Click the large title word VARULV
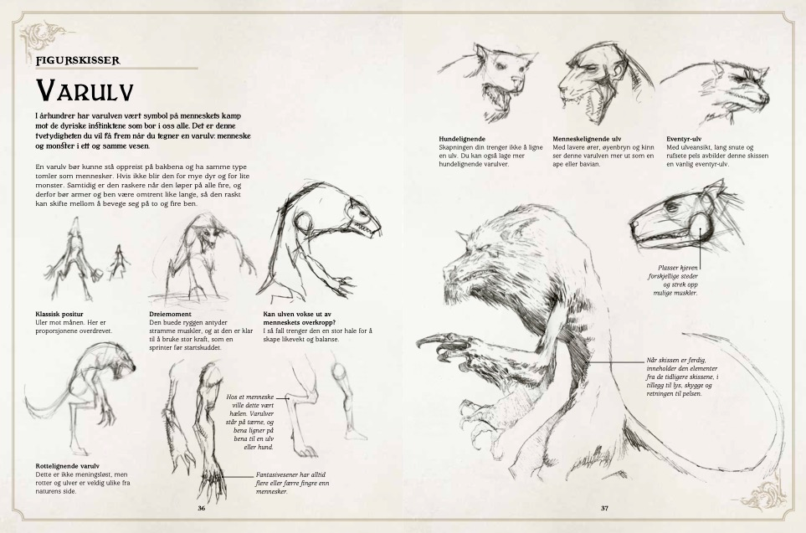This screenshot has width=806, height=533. click(85, 91)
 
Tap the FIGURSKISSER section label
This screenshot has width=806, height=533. click(78, 60)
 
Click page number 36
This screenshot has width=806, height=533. click(202, 509)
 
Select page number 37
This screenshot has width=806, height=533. click(604, 509)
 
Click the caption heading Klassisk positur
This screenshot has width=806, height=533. click(59, 314)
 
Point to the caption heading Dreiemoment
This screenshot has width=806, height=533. click(170, 314)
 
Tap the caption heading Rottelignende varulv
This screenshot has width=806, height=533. click(67, 466)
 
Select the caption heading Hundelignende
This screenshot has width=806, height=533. click(462, 139)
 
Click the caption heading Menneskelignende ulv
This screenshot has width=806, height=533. click(587, 139)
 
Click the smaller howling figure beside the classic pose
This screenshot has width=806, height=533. click(118, 262)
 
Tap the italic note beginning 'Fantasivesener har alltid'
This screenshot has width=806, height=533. click(292, 484)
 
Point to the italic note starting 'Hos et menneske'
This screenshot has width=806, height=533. click(249, 422)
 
